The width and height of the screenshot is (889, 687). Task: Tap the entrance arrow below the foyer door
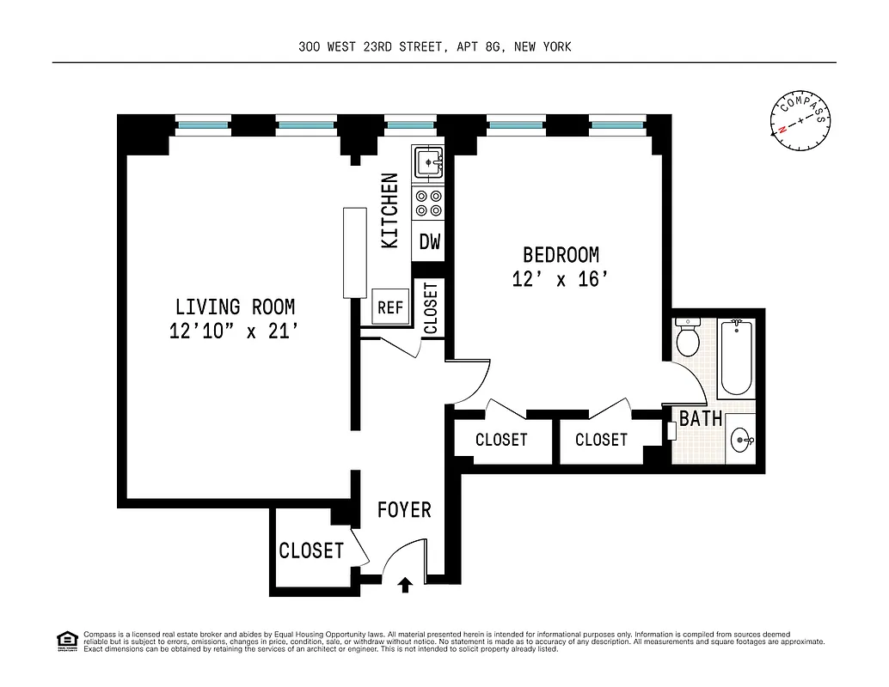point(405,586)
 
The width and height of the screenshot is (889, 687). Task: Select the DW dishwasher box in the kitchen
point(429,242)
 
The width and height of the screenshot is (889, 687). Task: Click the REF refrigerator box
point(390,307)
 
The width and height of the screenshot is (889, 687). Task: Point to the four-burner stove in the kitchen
point(428,204)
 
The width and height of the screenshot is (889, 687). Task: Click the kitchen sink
point(427,161)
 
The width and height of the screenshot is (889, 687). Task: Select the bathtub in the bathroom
point(735,357)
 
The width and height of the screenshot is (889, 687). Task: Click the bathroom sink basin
point(740,441)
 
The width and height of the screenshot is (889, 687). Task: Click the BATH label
point(700,419)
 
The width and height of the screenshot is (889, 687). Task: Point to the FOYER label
point(404,510)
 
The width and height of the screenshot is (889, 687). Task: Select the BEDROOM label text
point(561,255)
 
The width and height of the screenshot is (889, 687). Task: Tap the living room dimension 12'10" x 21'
point(235,331)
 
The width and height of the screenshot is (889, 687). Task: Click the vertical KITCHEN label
point(389,211)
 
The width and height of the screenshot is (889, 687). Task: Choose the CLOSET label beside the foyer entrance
point(310,550)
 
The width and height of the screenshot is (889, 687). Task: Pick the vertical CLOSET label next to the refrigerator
point(430,307)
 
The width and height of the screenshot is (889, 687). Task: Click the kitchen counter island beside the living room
point(353,252)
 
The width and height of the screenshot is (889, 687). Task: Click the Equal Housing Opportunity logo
point(65,640)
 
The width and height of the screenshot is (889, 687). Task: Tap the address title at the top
point(434,47)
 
